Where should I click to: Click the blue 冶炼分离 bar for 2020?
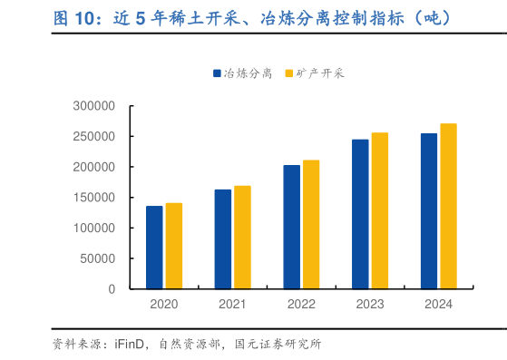(x=154, y=247)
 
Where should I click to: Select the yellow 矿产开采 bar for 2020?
(x=173, y=246)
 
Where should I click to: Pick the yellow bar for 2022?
(x=311, y=224)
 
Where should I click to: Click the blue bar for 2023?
(x=360, y=214)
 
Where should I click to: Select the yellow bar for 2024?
(x=448, y=206)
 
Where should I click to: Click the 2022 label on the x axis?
(x=301, y=305)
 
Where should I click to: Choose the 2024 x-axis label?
(x=438, y=305)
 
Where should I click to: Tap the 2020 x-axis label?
(x=164, y=305)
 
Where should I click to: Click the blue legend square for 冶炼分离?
(x=218, y=73)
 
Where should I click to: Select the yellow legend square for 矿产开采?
(x=288, y=73)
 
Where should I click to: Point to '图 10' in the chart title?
(x=74, y=17)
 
